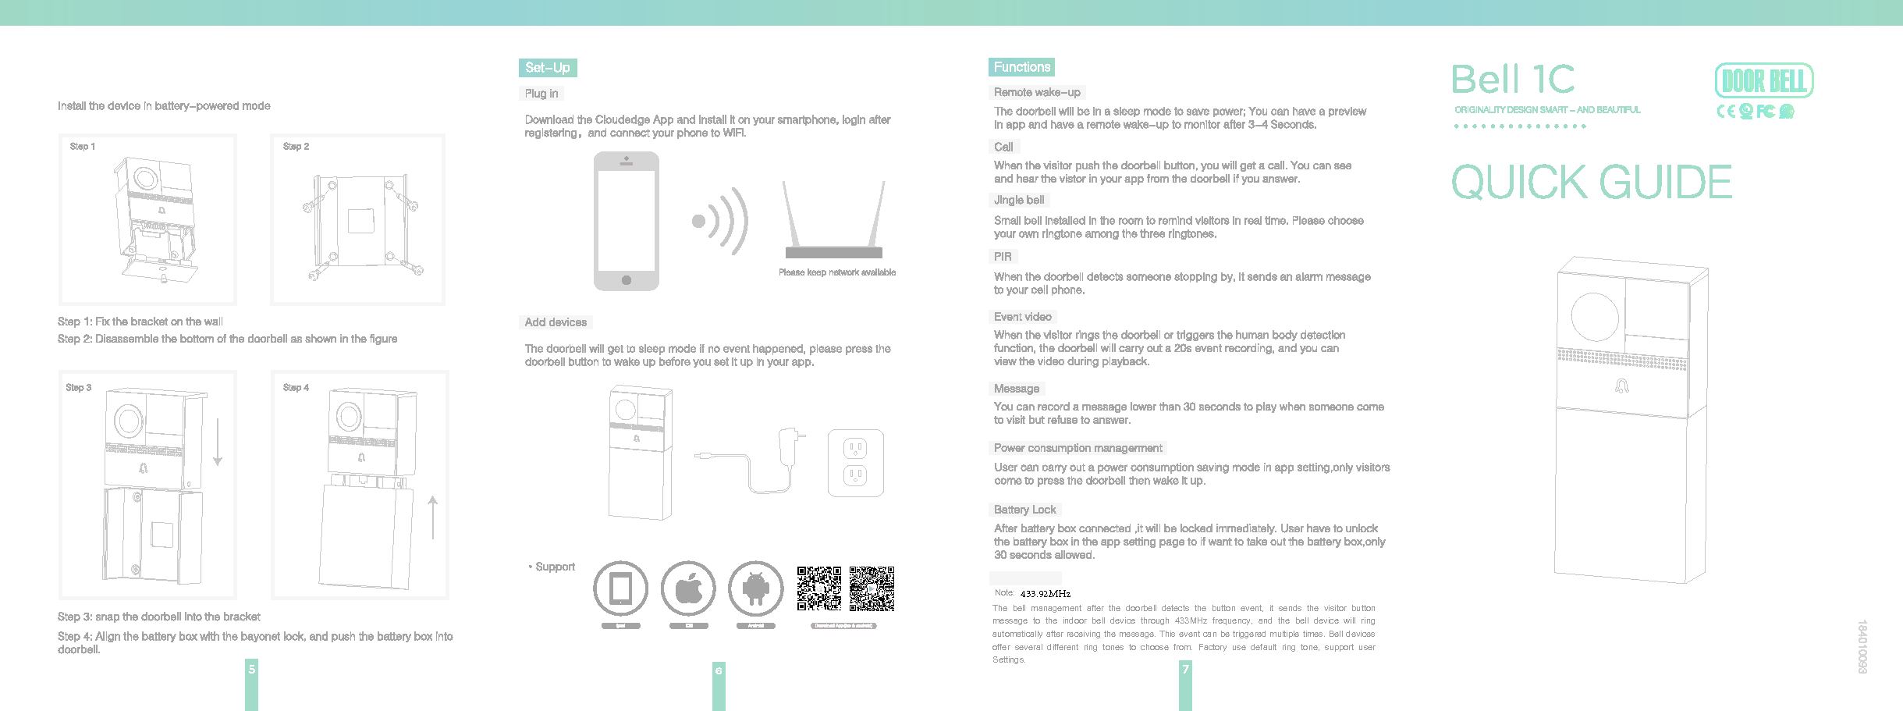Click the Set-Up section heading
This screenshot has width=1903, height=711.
pos(547,68)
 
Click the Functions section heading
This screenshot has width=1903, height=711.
pos(1021,67)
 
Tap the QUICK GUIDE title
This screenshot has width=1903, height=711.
pos(1591,183)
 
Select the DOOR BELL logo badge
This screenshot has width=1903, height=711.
pos(1763,81)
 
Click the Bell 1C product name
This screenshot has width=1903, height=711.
pos(1512,80)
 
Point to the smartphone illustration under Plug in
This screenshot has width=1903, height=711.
pos(626,221)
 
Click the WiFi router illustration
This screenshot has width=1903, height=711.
pos(833,222)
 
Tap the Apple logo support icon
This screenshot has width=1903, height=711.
pos(688,588)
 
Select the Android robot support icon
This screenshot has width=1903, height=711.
pos(755,588)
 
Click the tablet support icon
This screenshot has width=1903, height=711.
pos(620,588)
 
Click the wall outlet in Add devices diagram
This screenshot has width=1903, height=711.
pos(855,463)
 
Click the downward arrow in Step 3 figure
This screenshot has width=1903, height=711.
pos(218,442)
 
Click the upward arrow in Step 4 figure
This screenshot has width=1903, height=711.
pos(433,517)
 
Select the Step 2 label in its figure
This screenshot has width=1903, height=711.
pos(296,147)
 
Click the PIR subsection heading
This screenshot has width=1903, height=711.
pos(1003,257)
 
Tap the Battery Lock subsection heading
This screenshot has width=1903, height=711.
pos(1024,510)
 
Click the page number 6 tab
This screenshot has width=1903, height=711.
pos(719,670)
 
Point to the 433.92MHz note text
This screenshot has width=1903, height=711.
pos(1045,594)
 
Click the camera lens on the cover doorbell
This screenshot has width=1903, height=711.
pos(1594,317)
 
